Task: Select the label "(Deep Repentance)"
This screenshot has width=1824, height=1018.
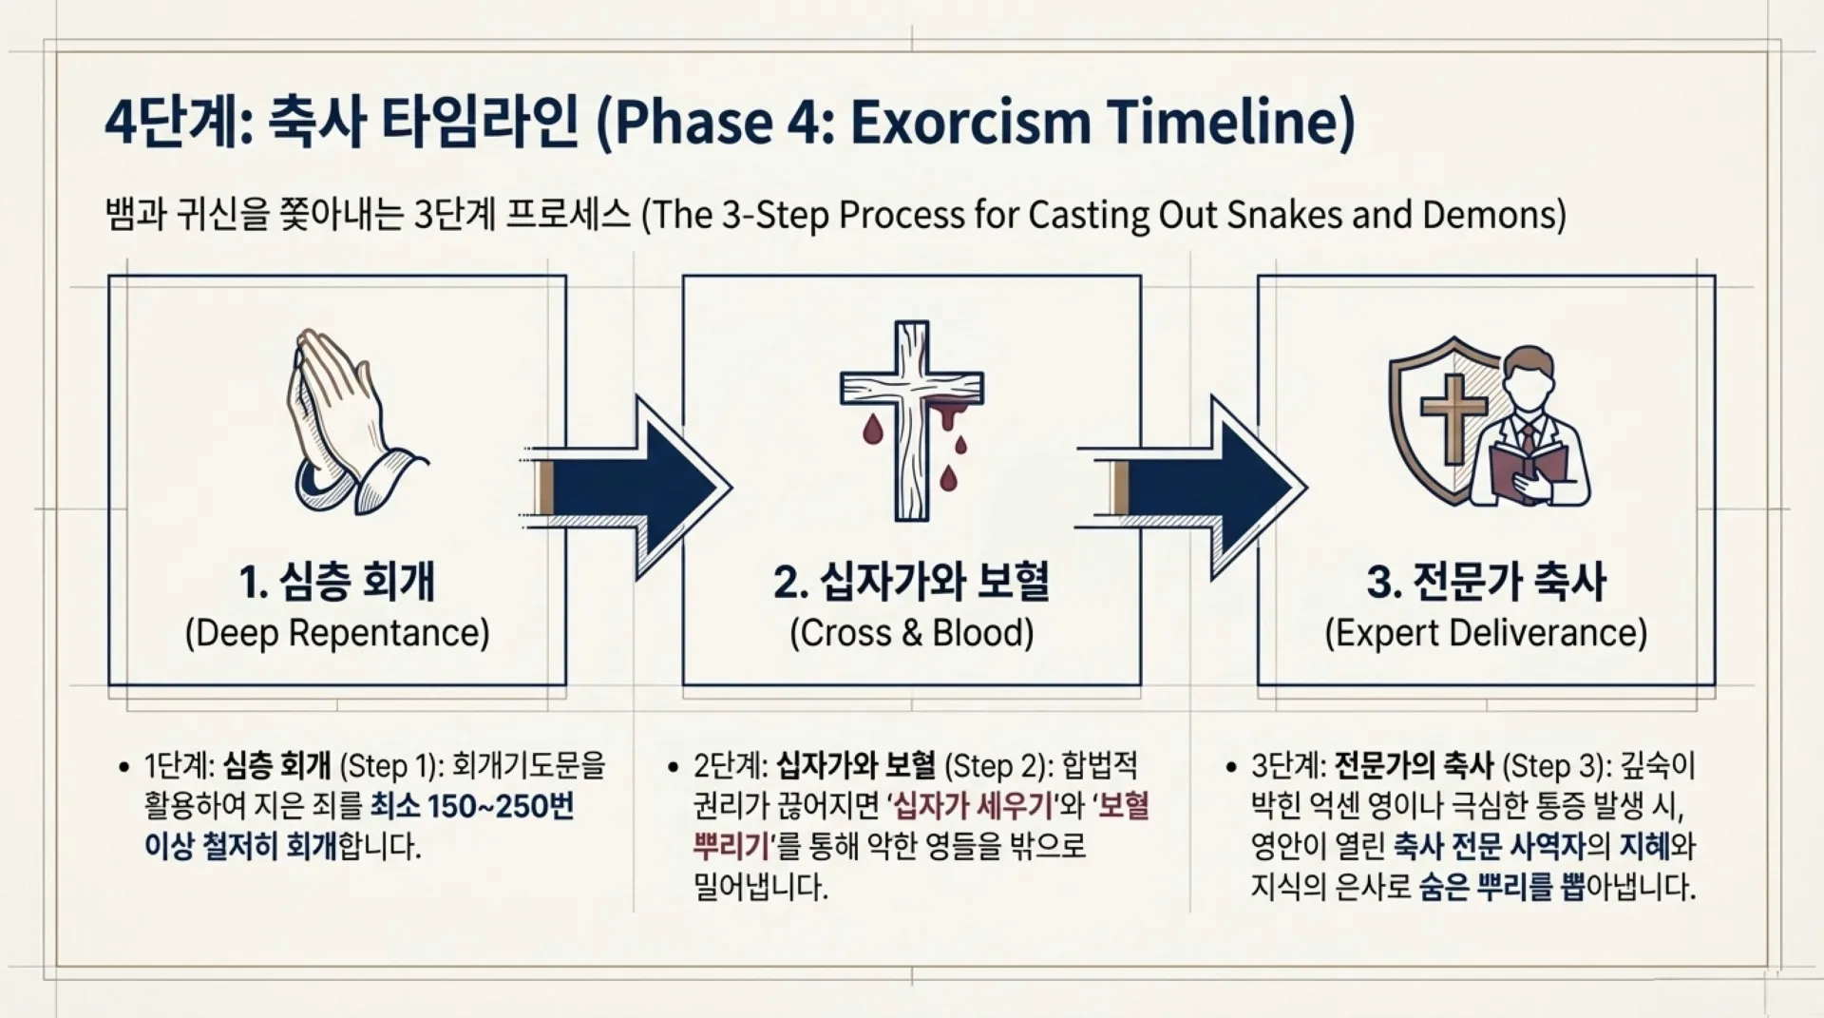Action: (x=337, y=633)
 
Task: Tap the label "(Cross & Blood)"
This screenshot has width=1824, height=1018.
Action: (x=912, y=633)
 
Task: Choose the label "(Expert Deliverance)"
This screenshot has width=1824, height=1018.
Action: (x=1487, y=633)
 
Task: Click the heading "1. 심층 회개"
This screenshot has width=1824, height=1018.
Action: (x=337, y=582)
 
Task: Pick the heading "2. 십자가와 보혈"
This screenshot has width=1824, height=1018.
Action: (x=912, y=582)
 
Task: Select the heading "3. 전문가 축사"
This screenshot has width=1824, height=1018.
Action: (x=1487, y=582)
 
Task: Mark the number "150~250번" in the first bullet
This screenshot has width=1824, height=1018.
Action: (x=501, y=806)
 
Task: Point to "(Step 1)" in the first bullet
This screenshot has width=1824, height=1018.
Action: (x=389, y=766)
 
